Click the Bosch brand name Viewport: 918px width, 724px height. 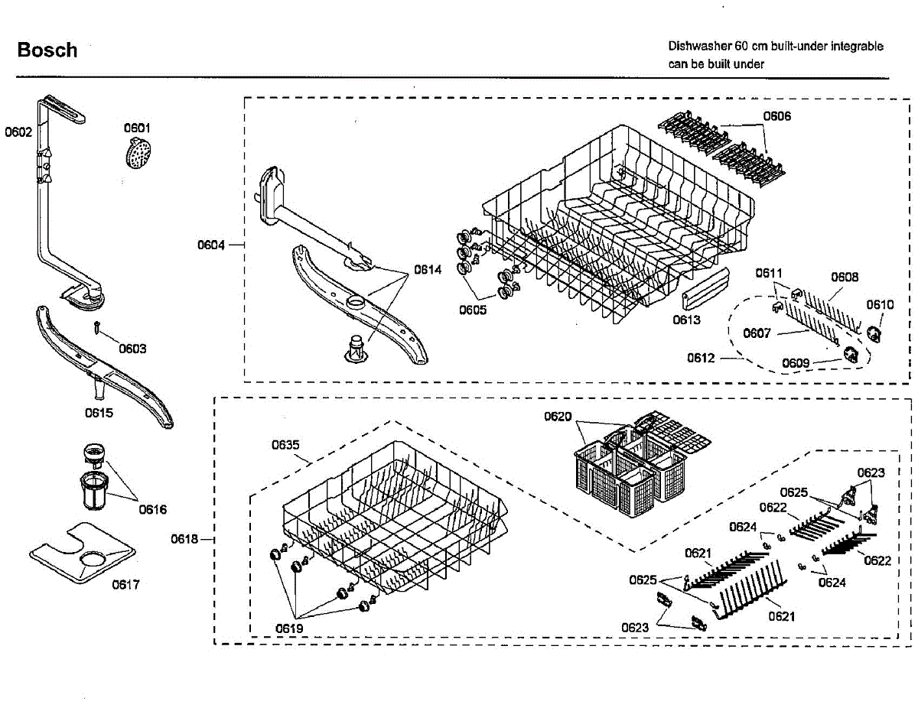point(47,50)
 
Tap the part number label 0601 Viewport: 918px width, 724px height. point(137,128)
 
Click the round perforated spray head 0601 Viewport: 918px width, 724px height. point(138,154)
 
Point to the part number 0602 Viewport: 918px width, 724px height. point(18,132)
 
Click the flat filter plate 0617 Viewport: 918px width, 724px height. point(83,552)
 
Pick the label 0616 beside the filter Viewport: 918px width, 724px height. point(153,509)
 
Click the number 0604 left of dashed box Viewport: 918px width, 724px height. point(210,245)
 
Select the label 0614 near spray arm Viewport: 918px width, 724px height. point(428,269)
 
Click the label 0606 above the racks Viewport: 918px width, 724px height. point(776,116)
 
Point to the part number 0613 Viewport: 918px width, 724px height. point(686,320)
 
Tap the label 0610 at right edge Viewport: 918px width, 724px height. point(880,304)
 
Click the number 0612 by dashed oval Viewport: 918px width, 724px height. point(701,358)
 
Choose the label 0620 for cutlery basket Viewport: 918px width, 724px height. point(558,416)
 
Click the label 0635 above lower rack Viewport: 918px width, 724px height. point(285,445)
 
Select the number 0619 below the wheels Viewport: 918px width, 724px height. point(289,628)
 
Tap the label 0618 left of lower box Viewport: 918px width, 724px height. point(184,539)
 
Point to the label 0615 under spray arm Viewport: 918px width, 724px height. point(99,413)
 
